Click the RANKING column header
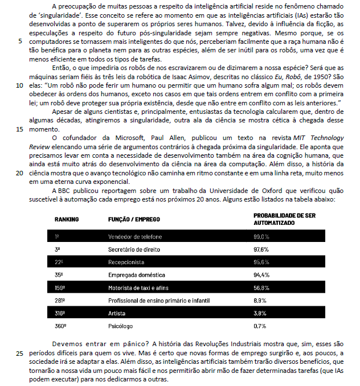click(67, 219)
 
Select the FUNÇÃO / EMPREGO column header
click(134, 219)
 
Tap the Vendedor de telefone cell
click(135, 236)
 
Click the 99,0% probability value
click(261, 236)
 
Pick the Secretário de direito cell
click(134, 249)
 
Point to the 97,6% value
click(261, 249)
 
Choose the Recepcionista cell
click(126, 262)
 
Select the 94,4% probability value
click(261, 275)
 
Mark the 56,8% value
click(261, 288)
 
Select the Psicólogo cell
click(121, 326)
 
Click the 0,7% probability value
click(260, 326)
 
